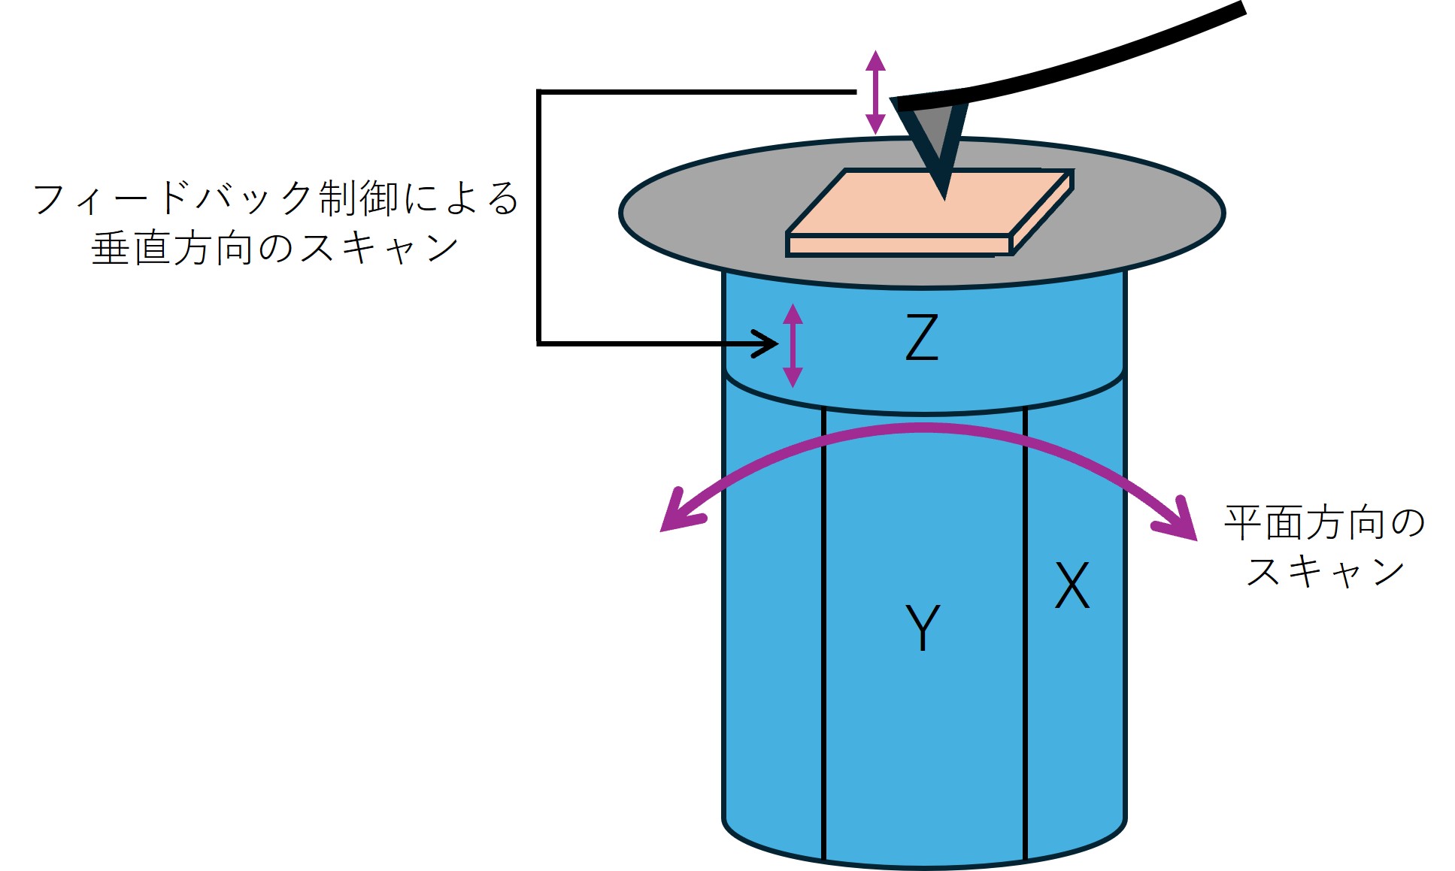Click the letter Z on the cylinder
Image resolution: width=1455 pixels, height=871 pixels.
(x=922, y=337)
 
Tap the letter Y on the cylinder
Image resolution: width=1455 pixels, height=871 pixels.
(x=923, y=627)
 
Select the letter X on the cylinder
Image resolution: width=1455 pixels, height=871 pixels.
(x=1072, y=585)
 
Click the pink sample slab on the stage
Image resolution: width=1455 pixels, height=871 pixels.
(x=929, y=213)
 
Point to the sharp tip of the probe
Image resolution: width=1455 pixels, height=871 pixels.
(x=944, y=198)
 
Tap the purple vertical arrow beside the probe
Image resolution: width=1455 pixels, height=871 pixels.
(x=875, y=92)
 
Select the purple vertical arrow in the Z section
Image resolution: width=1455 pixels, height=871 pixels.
(x=793, y=346)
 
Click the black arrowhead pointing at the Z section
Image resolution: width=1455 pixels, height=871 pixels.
(x=767, y=344)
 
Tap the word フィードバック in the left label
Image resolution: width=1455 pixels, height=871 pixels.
(x=172, y=198)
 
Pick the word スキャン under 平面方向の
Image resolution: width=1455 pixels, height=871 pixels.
(x=1325, y=571)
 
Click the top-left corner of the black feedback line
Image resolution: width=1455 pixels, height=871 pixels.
(x=538, y=92)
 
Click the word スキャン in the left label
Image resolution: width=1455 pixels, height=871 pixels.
(x=380, y=248)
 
